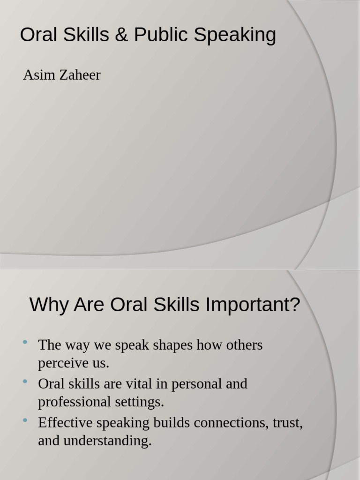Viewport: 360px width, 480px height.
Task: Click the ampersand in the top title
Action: (121, 35)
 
